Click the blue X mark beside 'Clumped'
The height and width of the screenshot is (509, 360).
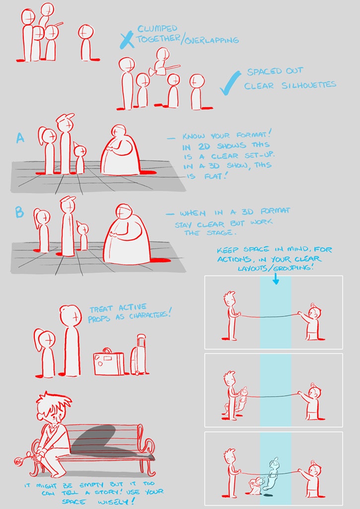click(x=127, y=40)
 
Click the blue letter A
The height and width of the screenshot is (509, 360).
click(x=20, y=138)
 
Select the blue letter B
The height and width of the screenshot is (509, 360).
click(x=19, y=213)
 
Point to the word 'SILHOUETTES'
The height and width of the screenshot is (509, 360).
click(x=308, y=85)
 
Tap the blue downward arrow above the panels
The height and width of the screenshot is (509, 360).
click(x=276, y=279)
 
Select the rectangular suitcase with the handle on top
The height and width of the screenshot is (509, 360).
click(x=108, y=362)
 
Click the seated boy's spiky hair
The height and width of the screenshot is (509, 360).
click(x=53, y=401)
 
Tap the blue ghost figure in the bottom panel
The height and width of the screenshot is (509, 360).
click(x=273, y=473)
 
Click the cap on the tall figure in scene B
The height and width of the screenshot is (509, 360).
click(x=68, y=199)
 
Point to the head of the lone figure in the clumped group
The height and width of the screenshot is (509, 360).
click(x=86, y=32)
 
